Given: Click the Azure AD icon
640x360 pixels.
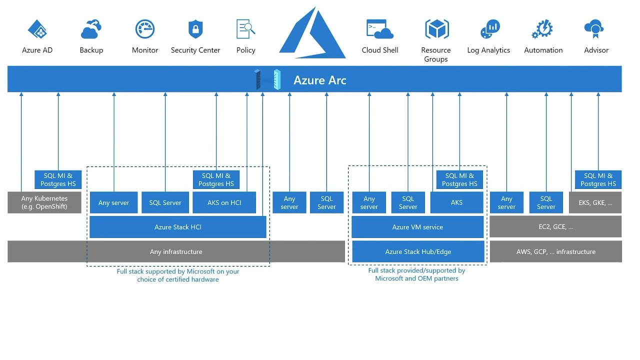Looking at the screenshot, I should click(37, 30).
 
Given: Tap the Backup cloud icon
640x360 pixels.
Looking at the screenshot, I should click(91, 30).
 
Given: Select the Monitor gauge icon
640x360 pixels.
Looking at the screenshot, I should click(145, 29).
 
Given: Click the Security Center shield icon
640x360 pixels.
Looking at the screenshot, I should click(195, 29).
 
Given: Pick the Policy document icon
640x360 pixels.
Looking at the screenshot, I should click(245, 29).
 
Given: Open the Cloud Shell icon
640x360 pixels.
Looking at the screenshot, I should click(379, 29).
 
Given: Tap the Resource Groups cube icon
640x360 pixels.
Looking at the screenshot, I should click(436, 29).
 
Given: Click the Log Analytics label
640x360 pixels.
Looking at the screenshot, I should click(488, 50).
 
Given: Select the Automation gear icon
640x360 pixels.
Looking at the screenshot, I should click(542, 29).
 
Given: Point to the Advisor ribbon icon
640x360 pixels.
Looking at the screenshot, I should click(594, 29).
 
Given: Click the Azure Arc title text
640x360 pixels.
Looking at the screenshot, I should click(319, 80).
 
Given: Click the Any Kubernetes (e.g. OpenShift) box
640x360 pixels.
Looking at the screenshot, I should click(44, 202).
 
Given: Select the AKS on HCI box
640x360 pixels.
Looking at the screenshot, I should click(224, 202).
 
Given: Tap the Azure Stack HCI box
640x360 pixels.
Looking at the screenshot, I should click(178, 227).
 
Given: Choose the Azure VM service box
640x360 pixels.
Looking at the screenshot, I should click(417, 227).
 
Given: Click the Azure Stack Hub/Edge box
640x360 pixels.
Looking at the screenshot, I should click(418, 251).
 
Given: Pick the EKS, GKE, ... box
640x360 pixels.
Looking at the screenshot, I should click(595, 202).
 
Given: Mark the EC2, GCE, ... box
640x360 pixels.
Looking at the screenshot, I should click(555, 226).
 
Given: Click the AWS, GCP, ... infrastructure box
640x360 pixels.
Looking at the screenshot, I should click(555, 251).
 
